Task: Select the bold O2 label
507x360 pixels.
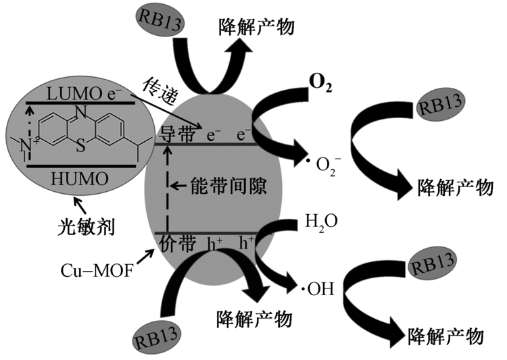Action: point(320,81)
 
